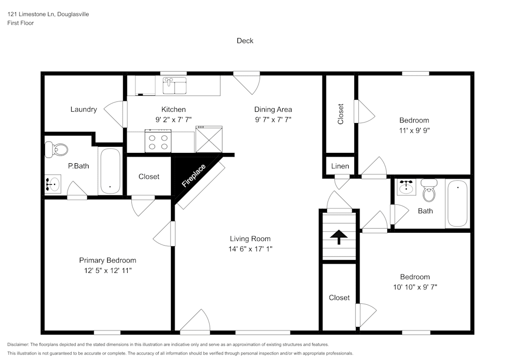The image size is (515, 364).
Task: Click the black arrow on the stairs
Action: [338, 237]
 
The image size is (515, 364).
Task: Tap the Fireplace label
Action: [194, 175]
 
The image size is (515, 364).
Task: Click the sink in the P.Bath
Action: [52, 183]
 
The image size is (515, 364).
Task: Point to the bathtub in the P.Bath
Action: [110, 171]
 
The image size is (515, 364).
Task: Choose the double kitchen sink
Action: [175, 86]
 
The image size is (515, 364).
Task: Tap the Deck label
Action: [245, 41]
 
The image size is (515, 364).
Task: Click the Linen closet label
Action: [340, 166]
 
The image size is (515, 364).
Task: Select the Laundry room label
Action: [83, 109]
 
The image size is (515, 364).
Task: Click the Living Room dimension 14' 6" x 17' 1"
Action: [250, 249]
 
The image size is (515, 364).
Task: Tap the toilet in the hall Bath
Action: [428, 191]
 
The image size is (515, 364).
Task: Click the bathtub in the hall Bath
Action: [457, 203]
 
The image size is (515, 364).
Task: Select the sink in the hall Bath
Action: [407, 187]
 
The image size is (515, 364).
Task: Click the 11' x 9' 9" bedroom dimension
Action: [414, 131]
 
